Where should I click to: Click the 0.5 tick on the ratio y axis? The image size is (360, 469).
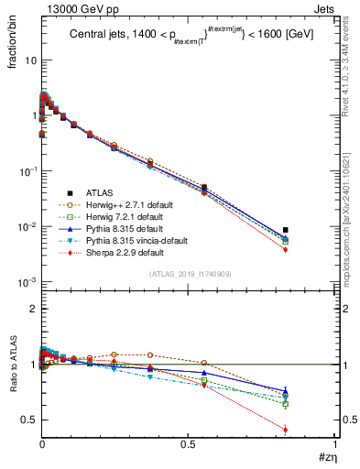click(x=26, y=420)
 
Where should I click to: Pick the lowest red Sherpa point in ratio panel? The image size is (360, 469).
click(x=286, y=430)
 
